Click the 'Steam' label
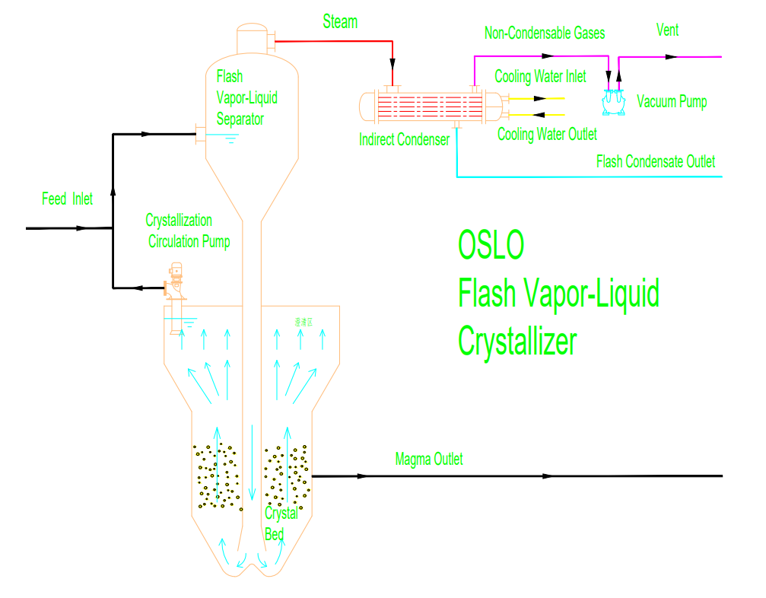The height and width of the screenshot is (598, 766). click(x=340, y=22)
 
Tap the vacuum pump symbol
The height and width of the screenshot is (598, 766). click(x=613, y=102)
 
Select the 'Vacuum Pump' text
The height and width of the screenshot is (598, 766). click(x=672, y=102)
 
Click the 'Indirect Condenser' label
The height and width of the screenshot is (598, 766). click(x=404, y=140)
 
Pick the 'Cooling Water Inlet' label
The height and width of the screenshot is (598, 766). click(x=540, y=77)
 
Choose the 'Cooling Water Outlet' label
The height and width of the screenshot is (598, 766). click(x=547, y=135)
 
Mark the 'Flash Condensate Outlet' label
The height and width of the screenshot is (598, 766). click(x=656, y=161)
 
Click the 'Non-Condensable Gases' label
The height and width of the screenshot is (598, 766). click(x=545, y=33)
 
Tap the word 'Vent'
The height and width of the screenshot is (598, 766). click(x=667, y=30)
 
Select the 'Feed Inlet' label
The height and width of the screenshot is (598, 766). click(x=67, y=199)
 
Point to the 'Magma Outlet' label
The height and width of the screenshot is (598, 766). click(x=429, y=460)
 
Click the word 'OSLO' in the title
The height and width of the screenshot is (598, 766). click(x=491, y=245)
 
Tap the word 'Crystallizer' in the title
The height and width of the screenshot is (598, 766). click(x=517, y=342)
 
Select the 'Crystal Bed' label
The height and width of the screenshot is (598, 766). click(x=279, y=523)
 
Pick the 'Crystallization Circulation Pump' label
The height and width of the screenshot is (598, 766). click(x=189, y=231)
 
